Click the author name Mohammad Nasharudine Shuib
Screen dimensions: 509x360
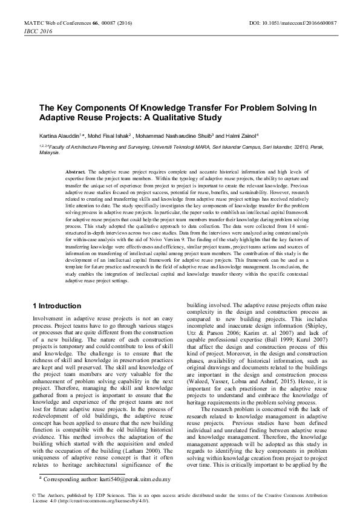coord(180,136)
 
